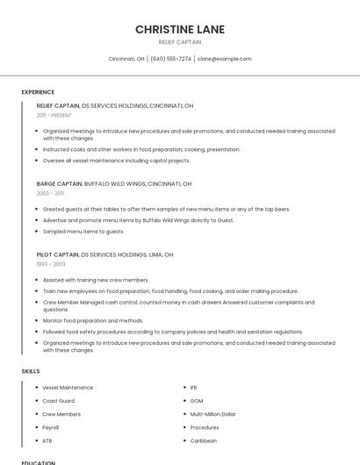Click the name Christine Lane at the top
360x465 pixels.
180,29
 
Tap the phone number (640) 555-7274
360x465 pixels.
170,59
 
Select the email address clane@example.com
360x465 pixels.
225,59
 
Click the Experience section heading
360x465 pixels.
38,92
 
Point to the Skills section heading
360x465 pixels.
31,371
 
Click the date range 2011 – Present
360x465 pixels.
54,115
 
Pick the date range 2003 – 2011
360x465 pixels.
50,193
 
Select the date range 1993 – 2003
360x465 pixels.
51,263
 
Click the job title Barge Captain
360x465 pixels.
59,184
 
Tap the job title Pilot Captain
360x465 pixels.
57,254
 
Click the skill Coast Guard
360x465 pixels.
60,401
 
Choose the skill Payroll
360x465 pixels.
52,427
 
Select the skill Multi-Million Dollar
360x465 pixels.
213,414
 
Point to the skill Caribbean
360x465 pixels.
204,440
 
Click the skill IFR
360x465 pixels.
194,388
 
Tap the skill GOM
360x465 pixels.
197,401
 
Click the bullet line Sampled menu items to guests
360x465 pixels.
83,232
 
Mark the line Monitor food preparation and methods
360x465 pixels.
93,320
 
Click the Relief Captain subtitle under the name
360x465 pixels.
180,42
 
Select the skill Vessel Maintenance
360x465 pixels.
68,388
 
